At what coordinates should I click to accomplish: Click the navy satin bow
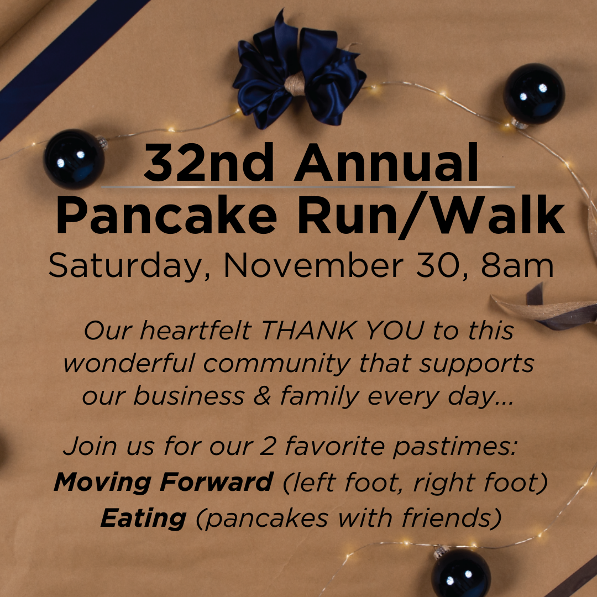click(299, 72)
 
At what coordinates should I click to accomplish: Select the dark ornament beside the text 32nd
click(74, 159)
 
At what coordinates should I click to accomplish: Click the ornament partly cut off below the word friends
click(460, 573)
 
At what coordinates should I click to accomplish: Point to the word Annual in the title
click(386, 163)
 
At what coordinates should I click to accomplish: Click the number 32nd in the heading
click(208, 163)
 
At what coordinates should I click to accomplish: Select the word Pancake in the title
click(166, 215)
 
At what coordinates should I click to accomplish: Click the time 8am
click(517, 265)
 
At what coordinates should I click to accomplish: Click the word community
click(277, 364)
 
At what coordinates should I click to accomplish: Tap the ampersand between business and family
click(262, 396)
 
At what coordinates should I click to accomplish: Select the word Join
click(90, 446)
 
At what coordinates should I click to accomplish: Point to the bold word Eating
click(144, 518)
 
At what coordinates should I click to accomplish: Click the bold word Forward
click(216, 481)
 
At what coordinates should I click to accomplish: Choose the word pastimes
click(455, 446)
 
